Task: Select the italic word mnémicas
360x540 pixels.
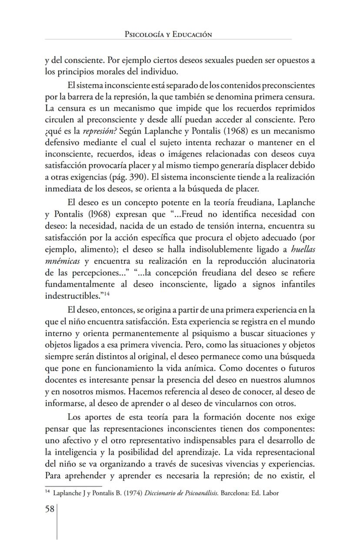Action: click(x=63, y=261)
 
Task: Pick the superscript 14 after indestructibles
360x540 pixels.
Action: click(x=106, y=294)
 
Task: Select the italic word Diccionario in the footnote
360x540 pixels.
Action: click(x=147, y=493)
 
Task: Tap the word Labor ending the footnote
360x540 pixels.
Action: click(x=270, y=493)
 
